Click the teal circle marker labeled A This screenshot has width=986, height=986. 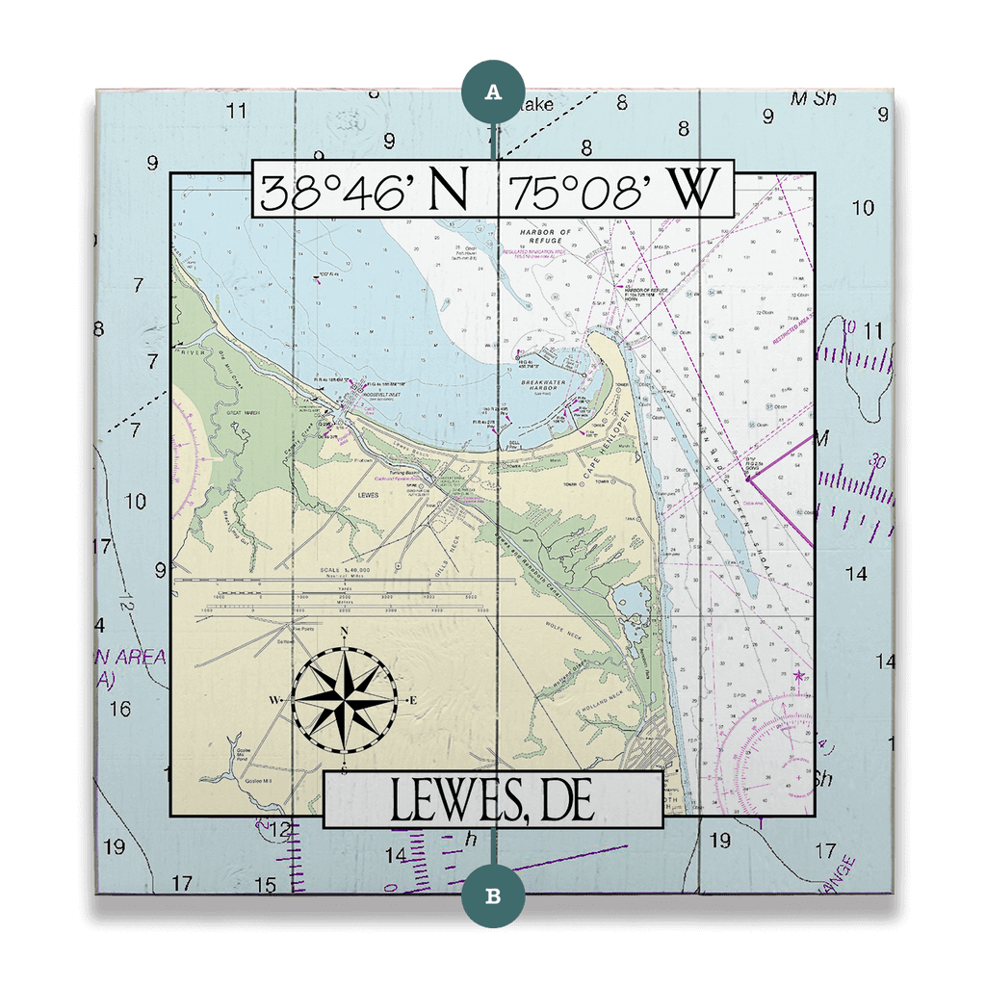(x=493, y=91)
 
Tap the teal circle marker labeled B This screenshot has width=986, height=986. (x=493, y=895)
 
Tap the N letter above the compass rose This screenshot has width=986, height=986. (x=345, y=633)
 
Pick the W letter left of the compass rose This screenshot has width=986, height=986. (x=273, y=699)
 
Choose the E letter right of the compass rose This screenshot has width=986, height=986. (x=413, y=699)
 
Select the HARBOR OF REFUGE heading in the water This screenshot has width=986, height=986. (x=545, y=237)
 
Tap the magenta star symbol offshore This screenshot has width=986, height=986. (x=798, y=677)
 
